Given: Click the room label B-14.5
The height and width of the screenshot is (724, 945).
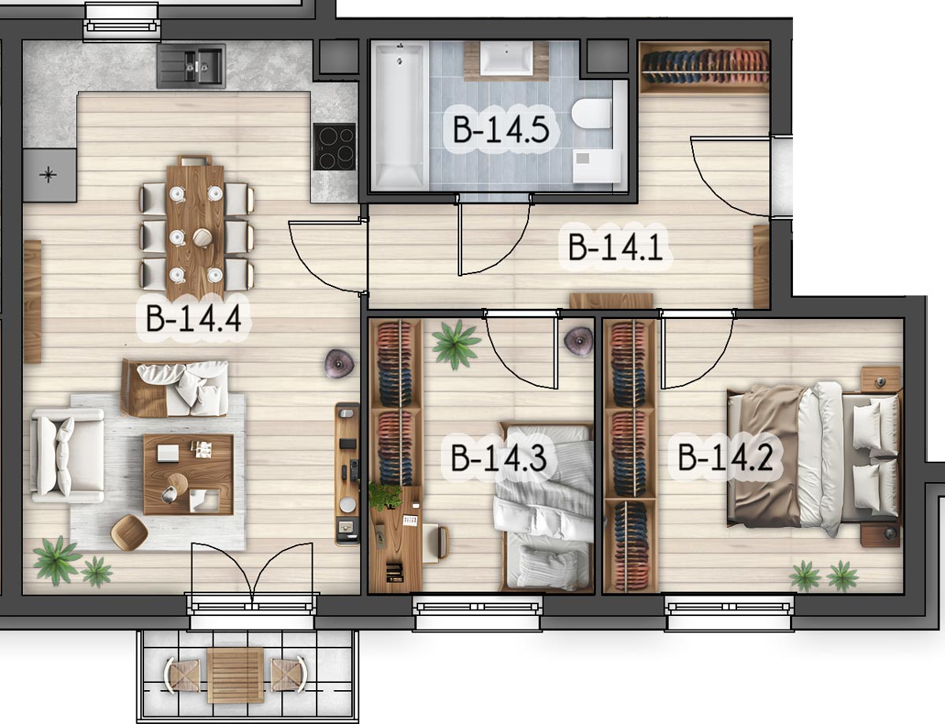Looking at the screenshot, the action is (x=501, y=129).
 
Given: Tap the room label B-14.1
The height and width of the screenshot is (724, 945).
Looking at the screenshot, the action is (x=615, y=247).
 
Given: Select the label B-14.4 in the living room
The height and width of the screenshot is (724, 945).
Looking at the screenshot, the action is (x=193, y=318).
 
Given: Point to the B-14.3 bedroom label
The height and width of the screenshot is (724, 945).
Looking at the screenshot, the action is (x=498, y=458).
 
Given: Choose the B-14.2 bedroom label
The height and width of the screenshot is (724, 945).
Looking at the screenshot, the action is (x=725, y=458).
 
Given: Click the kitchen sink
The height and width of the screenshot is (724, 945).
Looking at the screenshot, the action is (x=191, y=66).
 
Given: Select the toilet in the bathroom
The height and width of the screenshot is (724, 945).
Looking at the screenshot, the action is (x=592, y=114).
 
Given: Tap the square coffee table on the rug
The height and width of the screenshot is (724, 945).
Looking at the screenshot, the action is (x=188, y=474).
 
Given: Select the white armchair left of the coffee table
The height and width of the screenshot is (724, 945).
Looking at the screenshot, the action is (x=67, y=455).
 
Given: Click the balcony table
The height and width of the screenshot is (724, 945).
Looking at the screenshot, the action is (x=235, y=675).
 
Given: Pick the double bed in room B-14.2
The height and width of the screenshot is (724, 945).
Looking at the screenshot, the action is (x=813, y=459).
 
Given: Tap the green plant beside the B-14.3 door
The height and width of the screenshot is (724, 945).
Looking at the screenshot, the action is (x=456, y=345).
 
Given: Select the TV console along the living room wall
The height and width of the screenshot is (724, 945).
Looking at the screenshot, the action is (x=347, y=474).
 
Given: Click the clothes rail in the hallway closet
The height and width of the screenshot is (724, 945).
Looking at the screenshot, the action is (x=705, y=67).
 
